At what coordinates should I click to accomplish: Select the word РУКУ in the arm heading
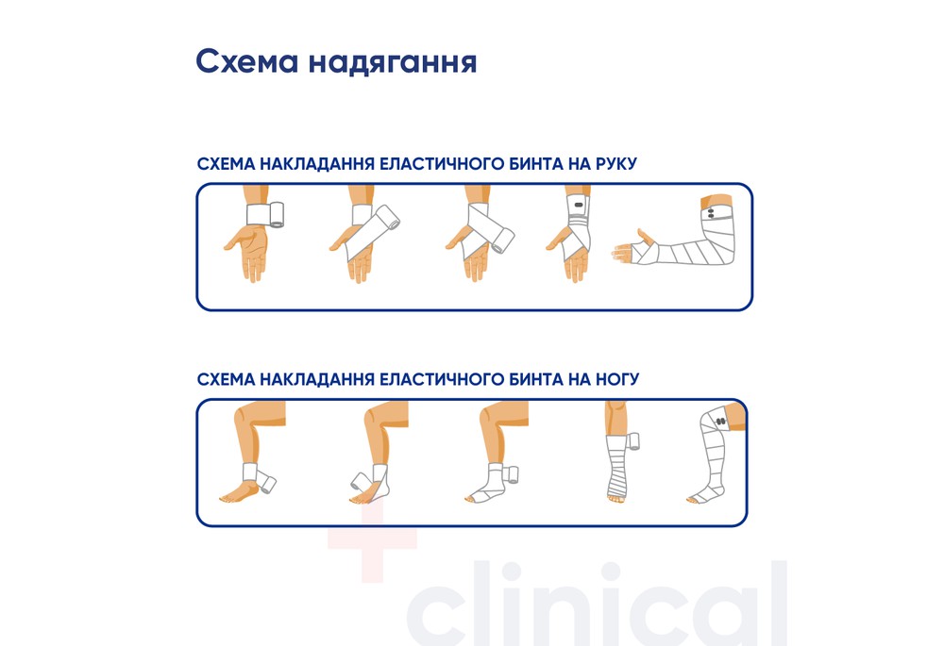pos(615,164)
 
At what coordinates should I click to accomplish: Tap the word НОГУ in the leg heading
pos(616,379)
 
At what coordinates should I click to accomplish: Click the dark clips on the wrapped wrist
pos(577,208)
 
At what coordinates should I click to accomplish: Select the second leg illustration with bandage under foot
pos(378,462)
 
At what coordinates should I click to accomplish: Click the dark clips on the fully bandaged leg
pos(719,421)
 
